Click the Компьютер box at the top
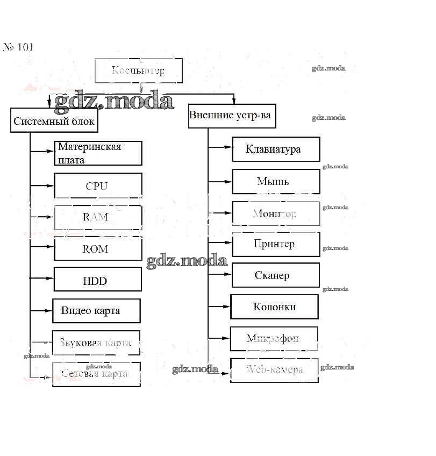(138, 70)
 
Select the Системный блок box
(54, 120)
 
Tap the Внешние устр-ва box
(232, 116)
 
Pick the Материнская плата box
(98, 153)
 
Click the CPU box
(98, 186)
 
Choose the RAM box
(98, 217)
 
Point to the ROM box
(98, 249)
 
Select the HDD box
(97, 280)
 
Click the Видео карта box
(96, 311)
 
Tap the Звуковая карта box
(96, 343)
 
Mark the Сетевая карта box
(96, 374)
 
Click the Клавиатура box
(276, 149)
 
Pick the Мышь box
(276, 181)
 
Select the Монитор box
(276, 213)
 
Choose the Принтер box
(275, 244)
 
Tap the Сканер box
(275, 275)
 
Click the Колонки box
(274, 307)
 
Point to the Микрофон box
(274, 338)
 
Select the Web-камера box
(274, 370)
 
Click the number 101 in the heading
(25, 47)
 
